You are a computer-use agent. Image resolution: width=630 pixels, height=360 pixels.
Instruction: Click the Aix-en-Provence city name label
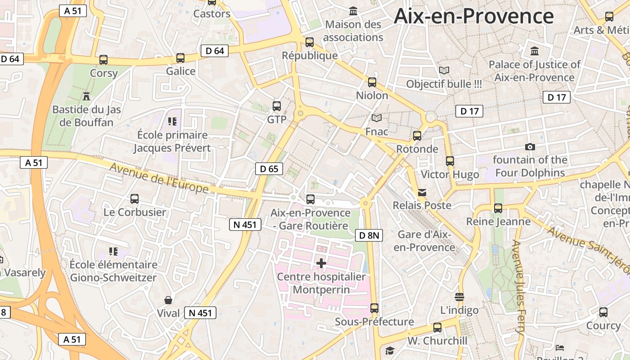click(x=473, y=16)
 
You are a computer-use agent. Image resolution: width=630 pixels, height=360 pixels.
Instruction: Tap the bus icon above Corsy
click(x=103, y=59)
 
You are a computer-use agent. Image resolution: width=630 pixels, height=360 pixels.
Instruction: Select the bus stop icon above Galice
click(x=180, y=58)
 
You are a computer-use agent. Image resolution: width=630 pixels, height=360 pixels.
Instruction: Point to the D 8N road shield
click(x=369, y=235)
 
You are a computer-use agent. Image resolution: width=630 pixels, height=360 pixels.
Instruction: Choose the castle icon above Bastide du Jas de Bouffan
click(x=86, y=96)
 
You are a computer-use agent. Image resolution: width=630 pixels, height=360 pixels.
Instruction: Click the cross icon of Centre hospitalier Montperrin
click(x=321, y=263)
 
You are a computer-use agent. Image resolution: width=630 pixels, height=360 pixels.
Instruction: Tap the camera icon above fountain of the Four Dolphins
click(x=530, y=147)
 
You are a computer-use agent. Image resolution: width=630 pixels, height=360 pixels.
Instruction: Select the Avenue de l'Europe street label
click(x=159, y=178)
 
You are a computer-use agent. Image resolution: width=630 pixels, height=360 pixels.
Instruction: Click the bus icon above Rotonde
click(x=417, y=135)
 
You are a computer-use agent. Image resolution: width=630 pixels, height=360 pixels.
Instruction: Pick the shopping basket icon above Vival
click(x=168, y=300)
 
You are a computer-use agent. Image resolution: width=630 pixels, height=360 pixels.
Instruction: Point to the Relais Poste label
click(x=422, y=205)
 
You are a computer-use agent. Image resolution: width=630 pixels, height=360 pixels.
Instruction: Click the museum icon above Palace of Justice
click(x=535, y=51)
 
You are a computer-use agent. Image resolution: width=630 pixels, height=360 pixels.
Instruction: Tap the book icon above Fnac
click(x=377, y=118)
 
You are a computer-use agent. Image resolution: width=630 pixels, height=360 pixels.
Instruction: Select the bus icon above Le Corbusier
click(x=135, y=198)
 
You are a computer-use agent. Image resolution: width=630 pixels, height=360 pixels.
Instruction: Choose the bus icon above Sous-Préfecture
click(x=374, y=308)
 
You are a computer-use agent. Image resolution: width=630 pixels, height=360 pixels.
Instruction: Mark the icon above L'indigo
click(x=459, y=297)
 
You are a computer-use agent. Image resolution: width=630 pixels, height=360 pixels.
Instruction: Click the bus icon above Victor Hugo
click(x=450, y=161)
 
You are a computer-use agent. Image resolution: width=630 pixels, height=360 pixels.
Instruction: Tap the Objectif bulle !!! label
click(x=444, y=84)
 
